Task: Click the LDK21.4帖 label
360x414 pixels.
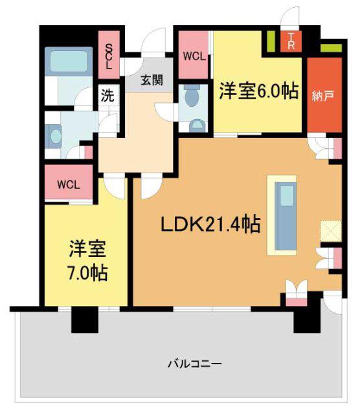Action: tap(210, 224)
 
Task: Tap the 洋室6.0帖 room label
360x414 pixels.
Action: tap(259, 91)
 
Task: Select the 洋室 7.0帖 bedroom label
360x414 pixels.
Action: tap(88, 261)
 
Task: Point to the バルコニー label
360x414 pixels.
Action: tap(195, 364)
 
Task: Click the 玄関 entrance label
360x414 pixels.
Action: tap(152, 80)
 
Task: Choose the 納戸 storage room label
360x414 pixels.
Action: tap(322, 96)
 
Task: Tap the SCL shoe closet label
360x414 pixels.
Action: tap(109, 56)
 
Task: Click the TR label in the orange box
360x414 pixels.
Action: tap(291, 41)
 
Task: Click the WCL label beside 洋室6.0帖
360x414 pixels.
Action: tap(194, 56)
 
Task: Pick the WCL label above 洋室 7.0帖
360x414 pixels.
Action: tap(69, 184)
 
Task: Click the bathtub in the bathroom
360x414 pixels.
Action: tap(69, 61)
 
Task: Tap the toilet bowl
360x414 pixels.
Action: tap(192, 96)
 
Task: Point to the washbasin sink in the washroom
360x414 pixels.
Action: tap(55, 136)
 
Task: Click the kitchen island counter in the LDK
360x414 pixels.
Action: tap(286, 215)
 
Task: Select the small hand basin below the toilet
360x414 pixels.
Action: tap(197, 126)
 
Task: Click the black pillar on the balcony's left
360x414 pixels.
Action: tap(85, 320)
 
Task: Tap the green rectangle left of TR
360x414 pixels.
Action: tap(270, 41)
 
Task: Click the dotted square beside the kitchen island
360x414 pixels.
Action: tap(331, 232)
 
